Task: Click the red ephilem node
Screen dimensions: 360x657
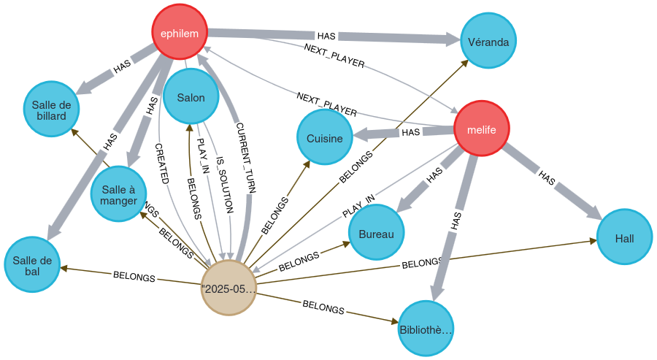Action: click(180, 32)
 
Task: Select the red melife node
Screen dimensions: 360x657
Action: click(481, 129)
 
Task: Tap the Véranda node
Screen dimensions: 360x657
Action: click(488, 41)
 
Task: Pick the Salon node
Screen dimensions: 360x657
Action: click(191, 97)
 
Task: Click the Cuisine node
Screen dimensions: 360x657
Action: click(324, 138)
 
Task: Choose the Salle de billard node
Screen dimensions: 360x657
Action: click(51, 110)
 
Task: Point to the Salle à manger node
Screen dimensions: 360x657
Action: click(118, 194)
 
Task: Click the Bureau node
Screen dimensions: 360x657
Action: click(376, 234)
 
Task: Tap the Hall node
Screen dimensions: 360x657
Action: click(624, 238)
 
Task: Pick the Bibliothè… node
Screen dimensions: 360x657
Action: click(426, 329)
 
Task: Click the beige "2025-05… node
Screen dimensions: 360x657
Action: click(229, 288)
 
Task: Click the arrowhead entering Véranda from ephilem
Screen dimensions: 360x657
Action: click(453, 39)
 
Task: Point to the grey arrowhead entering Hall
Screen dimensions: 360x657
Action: click(592, 212)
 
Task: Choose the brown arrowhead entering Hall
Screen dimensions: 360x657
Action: click(591, 240)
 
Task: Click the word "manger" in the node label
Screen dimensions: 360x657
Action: click(118, 201)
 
